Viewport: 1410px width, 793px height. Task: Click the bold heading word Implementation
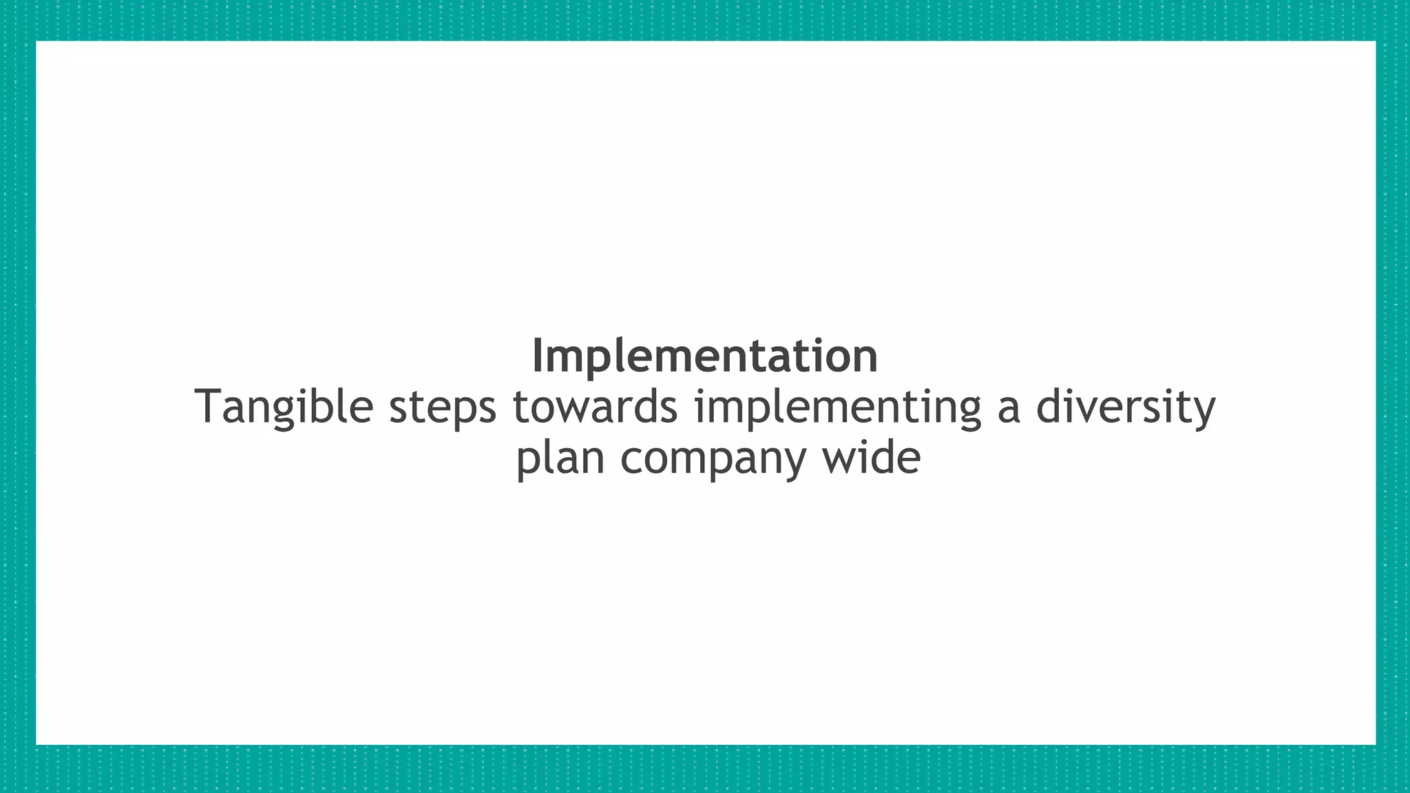pyautogui.click(x=704, y=357)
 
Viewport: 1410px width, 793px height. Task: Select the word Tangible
pyautogui.click(x=284, y=408)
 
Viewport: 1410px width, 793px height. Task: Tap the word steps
pyautogui.click(x=442, y=408)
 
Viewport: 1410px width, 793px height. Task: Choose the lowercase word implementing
pyautogui.click(x=837, y=408)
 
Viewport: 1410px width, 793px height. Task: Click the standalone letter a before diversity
pyautogui.click(x=1008, y=408)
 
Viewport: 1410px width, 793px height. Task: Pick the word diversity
pyautogui.click(x=1126, y=408)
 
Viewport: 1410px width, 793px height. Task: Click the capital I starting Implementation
pyautogui.click(x=538, y=357)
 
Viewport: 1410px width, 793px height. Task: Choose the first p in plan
pyautogui.click(x=527, y=461)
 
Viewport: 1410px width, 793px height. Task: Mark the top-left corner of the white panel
pyautogui.click(x=36, y=41)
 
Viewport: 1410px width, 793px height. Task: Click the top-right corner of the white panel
pyautogui.click(x=1375, y=41)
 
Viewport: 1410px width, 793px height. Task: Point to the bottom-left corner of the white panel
pyautogui.click(x=36, y=744)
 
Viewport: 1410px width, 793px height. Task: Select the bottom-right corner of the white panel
pyautogui.click(x=1375, y=744)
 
